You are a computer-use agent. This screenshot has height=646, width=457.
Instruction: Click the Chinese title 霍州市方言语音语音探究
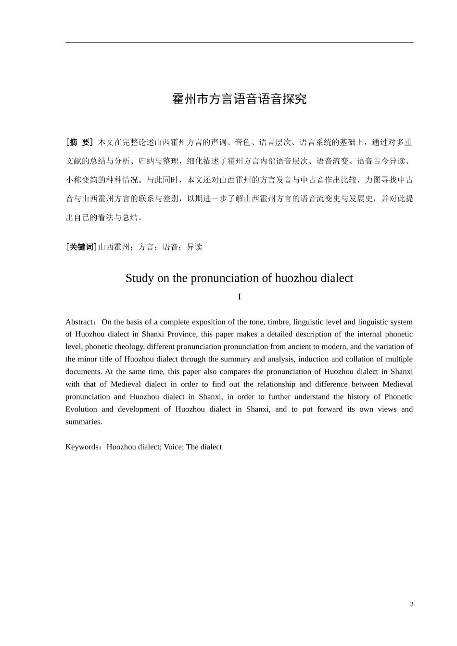[x=239, y=99]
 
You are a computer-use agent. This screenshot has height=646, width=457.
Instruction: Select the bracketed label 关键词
[x=81, y=247]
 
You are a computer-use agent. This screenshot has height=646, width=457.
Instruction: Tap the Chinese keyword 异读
[x=194, y=247]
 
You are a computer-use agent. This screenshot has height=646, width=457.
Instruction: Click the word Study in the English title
[x=139, y=278]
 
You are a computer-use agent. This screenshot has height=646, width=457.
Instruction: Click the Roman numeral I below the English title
[x=239, y=297]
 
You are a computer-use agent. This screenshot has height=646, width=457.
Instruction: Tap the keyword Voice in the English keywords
[x=173, y=447]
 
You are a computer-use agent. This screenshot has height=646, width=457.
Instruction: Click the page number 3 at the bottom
[x=411, y=604]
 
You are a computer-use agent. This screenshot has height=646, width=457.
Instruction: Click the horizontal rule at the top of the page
[x=239, y=43]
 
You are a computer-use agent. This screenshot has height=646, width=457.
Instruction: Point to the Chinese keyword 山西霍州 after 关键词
[x=114, y=247]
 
